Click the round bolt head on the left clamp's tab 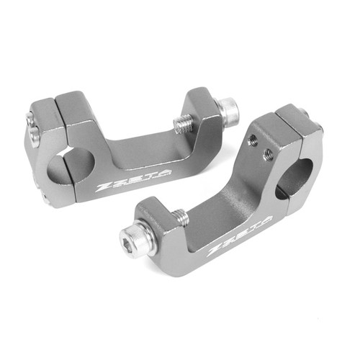(x=229, y=109)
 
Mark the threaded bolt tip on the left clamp (x=184, y=124)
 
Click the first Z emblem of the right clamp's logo (x=214, y=252)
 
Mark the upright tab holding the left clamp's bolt (x=205, y=119)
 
